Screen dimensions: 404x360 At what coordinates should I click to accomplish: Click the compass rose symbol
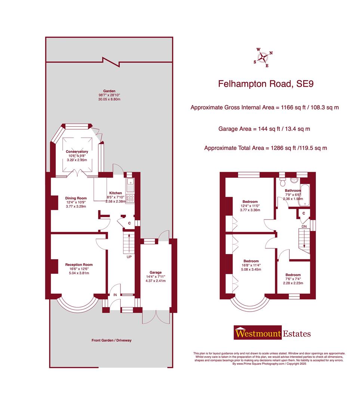[x=264, y=57]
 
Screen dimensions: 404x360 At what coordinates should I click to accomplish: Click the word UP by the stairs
[x=129, y=257]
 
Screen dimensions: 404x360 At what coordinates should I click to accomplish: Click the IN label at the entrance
[x=115, y=295]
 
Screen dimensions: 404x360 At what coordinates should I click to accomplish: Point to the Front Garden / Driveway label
[x=111, y=340]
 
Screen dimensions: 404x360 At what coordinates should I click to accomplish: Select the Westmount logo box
[x=257, y=333]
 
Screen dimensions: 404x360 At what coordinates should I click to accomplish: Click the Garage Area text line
[x=264, y=129]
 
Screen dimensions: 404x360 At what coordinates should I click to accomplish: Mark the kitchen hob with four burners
[x=131, y=198]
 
